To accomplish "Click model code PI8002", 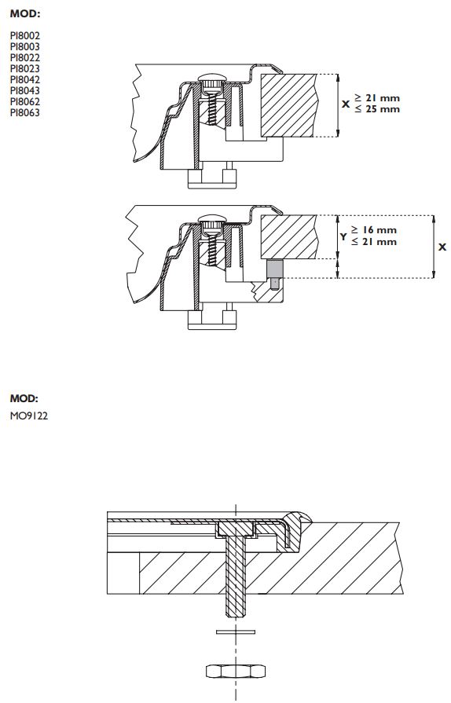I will click(x=25, y=36).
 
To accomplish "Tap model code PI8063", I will click(x=25, y=113).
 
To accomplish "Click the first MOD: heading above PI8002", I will click(x=24, y=14).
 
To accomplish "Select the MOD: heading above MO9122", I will click(x=24, y=398).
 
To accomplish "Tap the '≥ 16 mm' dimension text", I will click(x=374, y=230).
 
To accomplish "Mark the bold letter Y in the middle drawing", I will click(x=343, y=236).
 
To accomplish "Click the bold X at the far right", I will click(x=442, y=247).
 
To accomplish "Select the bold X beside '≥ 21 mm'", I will click(x=346, y=104).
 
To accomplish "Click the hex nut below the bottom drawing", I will click(x=235, y=671).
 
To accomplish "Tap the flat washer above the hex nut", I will click(x=235, y=630).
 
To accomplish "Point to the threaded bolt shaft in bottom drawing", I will click(x=235, y=573).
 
